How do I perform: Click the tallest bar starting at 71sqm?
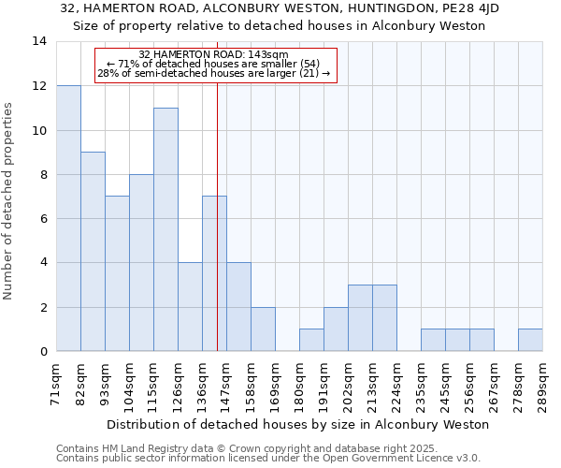(68, 218)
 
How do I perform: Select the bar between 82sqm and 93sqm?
(93, 252)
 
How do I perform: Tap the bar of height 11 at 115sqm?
(165, 229)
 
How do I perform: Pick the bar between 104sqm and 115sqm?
(141, 263)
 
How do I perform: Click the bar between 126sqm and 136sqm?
(190, 307)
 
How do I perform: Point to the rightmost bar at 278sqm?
(530, 341)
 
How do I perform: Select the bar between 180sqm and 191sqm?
(311, 341)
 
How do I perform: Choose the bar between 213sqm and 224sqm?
(384, 318)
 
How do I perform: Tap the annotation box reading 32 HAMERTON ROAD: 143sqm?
(214, 64)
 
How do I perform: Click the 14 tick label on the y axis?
(39, 41)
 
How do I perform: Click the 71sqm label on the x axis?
(57, 383)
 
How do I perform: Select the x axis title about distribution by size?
(298, 425)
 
